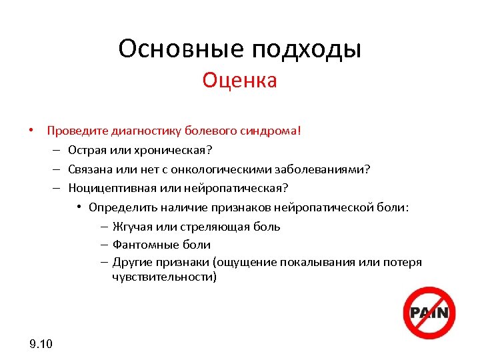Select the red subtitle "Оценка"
coord(239,81)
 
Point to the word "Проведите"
coord(75,131)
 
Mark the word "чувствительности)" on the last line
coord(164,277)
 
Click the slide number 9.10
coord(41,344)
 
